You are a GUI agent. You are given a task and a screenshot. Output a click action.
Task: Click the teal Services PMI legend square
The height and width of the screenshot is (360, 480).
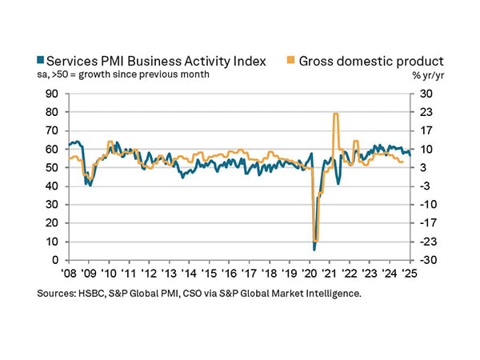(x=41, y=61)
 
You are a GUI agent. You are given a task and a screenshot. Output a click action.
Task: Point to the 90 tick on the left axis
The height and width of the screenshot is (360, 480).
(x=52, y=93)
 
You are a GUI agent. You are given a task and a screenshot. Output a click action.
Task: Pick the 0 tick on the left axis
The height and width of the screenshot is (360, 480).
(x=55, y=260)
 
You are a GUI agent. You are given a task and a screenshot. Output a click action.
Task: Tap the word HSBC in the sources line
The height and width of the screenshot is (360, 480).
(x=94, y=294)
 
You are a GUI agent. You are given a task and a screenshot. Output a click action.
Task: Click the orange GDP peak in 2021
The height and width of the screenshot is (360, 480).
(x=335, y=114)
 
